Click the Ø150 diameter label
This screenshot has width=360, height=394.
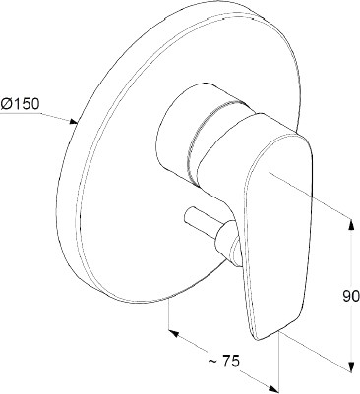pos(20,104)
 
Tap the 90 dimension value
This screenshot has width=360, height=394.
pos(351,297)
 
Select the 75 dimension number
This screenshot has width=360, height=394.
pos(231,361)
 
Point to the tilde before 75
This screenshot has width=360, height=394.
pos(212,362)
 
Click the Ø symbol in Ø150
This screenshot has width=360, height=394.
pos(7,104)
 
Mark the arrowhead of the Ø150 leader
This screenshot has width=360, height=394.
pos(73,122)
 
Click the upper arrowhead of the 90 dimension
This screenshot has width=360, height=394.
pos(351,225)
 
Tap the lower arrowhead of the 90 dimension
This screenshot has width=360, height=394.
pos(351,366)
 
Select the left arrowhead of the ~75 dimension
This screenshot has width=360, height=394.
pos(173,334)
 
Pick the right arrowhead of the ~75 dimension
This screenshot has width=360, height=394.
pos(273,387)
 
